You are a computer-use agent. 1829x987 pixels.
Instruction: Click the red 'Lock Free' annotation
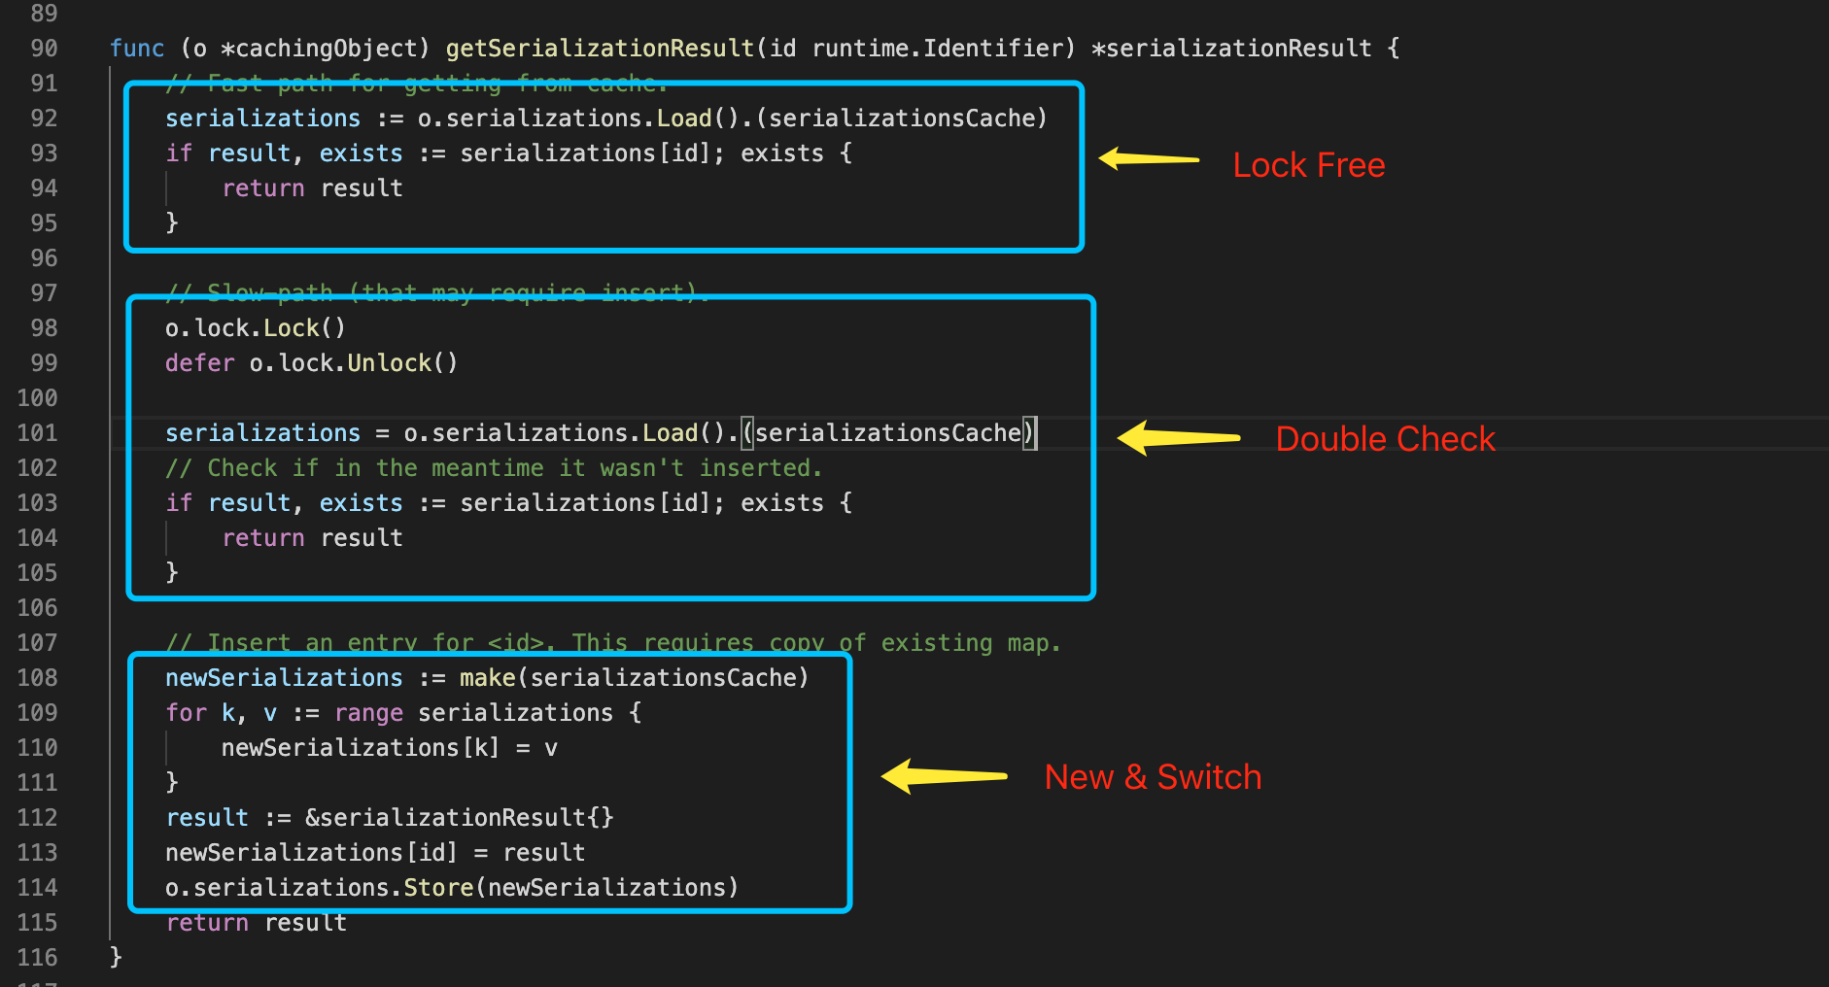tap(1308, 165)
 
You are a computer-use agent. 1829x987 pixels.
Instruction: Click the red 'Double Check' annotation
tap(1385, 439)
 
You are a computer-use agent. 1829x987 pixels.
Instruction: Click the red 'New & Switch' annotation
tap(1153, 777)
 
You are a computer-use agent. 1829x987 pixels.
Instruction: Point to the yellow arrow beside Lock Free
tap(1150, 158)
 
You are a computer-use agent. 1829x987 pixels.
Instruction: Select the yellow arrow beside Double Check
tap(1178, 438)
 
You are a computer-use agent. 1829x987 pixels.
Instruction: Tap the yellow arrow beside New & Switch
tap(944, 776)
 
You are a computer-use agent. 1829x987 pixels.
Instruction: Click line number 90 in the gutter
tap(44, 49)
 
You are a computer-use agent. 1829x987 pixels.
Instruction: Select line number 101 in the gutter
tap(38, 433)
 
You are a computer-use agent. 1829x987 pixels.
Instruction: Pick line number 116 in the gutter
tap(38, 958)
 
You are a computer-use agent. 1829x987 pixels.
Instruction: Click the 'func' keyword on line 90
tap(137, 49)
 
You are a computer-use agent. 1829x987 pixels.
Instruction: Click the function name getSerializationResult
tap(600, 49)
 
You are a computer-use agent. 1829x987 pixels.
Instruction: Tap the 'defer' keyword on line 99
tap(199, 363)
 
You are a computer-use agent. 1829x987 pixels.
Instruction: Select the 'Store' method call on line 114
tap(438, 888)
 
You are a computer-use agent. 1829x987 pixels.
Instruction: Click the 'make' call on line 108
tap(487, 678)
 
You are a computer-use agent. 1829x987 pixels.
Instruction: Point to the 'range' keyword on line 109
tap(368, 713)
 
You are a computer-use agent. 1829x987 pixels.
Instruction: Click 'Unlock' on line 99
tap(389, 363)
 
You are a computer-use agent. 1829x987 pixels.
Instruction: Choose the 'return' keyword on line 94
tap(263, 188)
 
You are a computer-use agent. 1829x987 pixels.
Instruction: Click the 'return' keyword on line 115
tap(207, 923)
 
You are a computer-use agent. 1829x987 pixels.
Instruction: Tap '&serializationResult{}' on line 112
tap(459, 818)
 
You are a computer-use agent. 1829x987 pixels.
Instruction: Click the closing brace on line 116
tap(116, 958)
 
